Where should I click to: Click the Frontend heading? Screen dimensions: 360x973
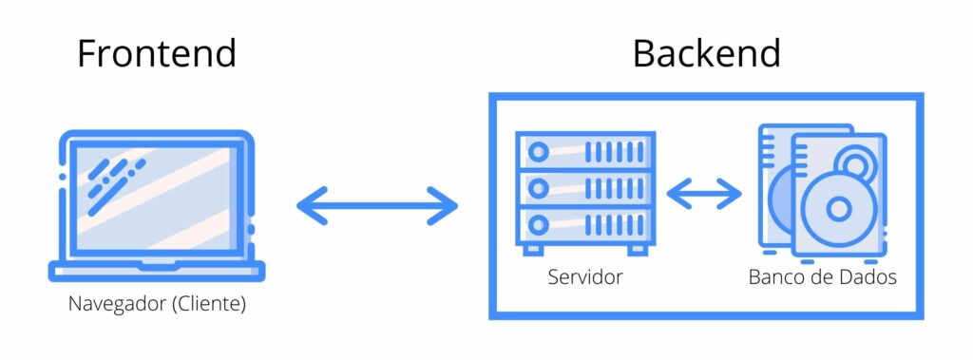point(157,53)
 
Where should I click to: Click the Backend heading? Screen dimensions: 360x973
point(706,53)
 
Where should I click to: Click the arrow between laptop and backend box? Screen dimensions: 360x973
point(377,205)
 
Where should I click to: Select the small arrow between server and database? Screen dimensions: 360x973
point(704,194)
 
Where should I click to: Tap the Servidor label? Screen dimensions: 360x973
point(584,277)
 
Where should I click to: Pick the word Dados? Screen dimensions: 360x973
point(868,277)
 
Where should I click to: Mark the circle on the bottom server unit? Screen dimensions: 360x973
point(540,224)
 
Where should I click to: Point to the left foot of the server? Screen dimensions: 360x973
point(533,249)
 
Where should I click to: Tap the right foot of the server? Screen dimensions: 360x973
point(637,249)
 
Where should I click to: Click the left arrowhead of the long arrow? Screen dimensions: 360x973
point(310,205)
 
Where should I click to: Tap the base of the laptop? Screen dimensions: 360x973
point(156,272)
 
